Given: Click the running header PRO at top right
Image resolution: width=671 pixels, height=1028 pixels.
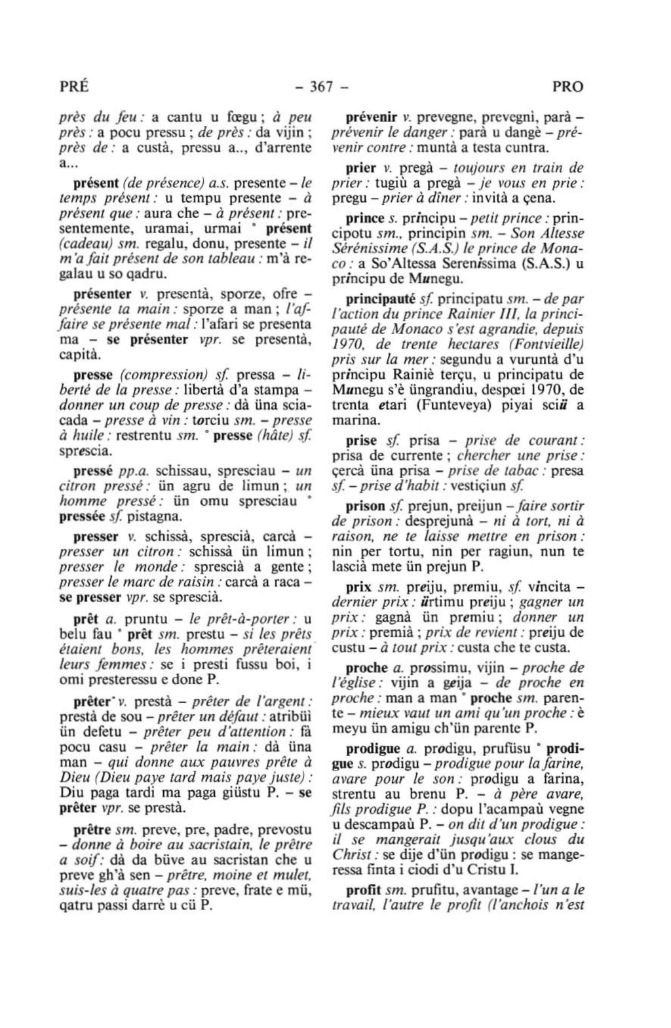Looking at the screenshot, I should click(x=567, y=87).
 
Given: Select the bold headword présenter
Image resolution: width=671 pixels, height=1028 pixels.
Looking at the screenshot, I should click(x=104, y=293).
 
